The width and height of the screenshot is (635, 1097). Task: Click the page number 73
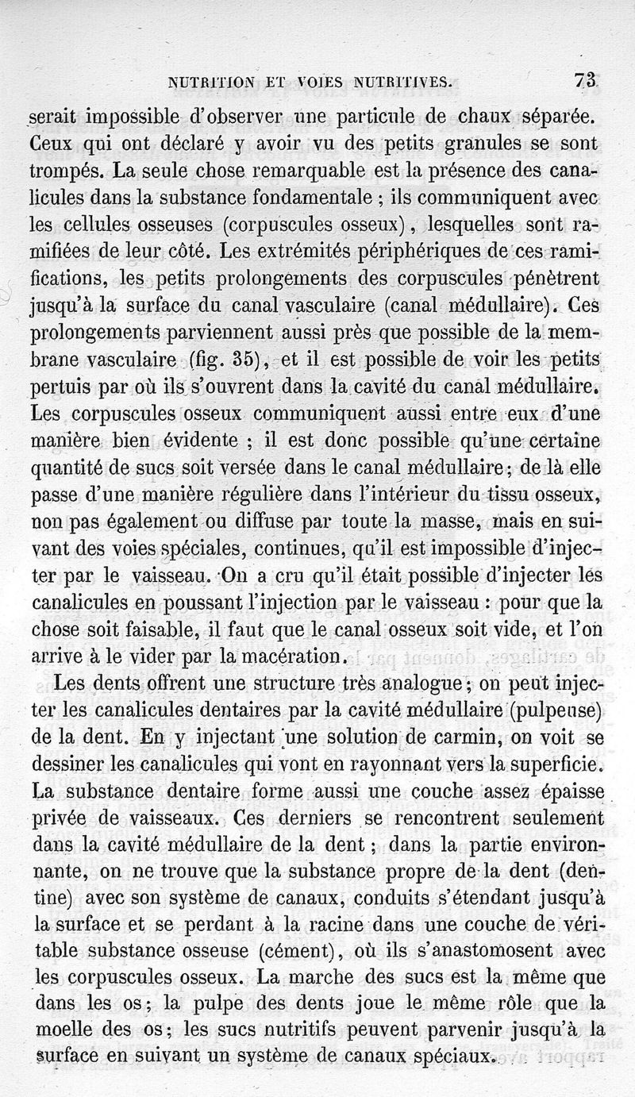587,80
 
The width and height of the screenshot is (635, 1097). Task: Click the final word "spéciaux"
447,1057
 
